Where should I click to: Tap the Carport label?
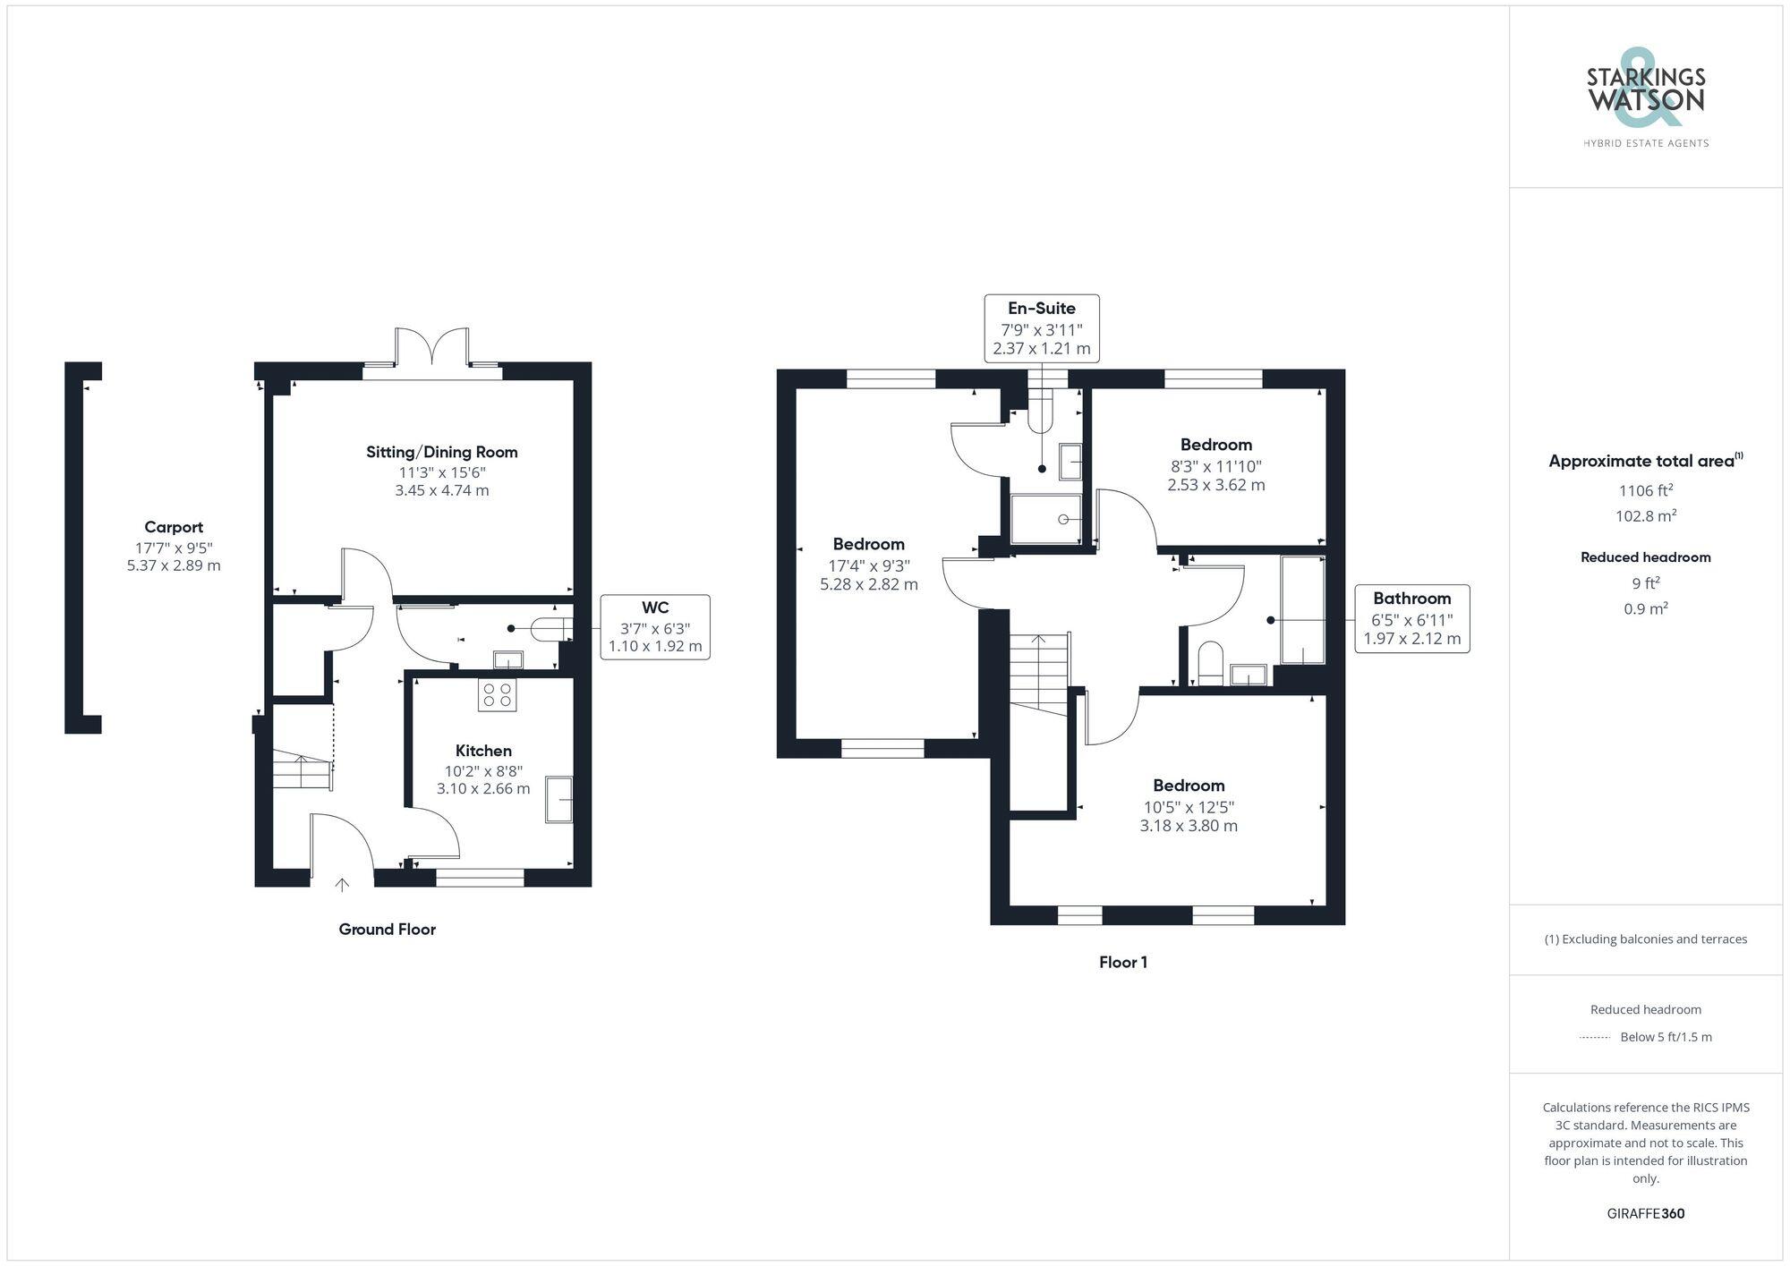[174, 527]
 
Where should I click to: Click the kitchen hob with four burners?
[497, 695]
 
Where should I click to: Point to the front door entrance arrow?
[342, 885]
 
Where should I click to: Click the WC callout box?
[654, 626]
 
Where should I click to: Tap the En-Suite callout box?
[1041, 327]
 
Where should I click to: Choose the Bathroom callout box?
[1411, 618]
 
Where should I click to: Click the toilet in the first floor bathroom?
[1210, 663]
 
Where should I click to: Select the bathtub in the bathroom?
[1302, 610]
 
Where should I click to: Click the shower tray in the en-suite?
[1045, 519]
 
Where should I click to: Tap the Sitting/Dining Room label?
[441, 452]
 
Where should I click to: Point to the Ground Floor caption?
[387, 929]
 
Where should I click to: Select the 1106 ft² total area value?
[1645, 490]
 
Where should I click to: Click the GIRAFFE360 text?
[1645, 1213]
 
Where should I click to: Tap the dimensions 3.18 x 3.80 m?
[1188, 826]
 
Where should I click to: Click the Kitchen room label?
[483, 751]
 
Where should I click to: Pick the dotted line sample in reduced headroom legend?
[1595, 1037]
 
